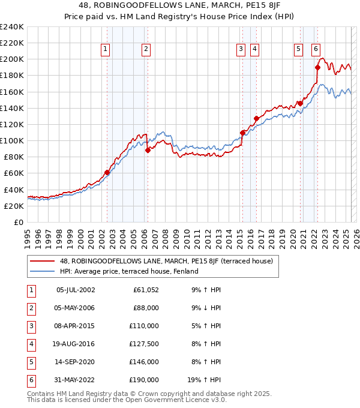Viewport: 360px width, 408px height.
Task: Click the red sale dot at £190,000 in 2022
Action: pos(317,67)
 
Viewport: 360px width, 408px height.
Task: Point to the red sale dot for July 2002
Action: pos(107,172)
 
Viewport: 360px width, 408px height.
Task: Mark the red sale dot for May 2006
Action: pos(148,151)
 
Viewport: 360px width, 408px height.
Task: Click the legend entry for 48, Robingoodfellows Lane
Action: pos(166,261)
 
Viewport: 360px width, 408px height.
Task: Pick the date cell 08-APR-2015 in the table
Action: pos(74,326)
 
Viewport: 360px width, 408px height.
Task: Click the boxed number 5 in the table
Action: pos(31,362)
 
